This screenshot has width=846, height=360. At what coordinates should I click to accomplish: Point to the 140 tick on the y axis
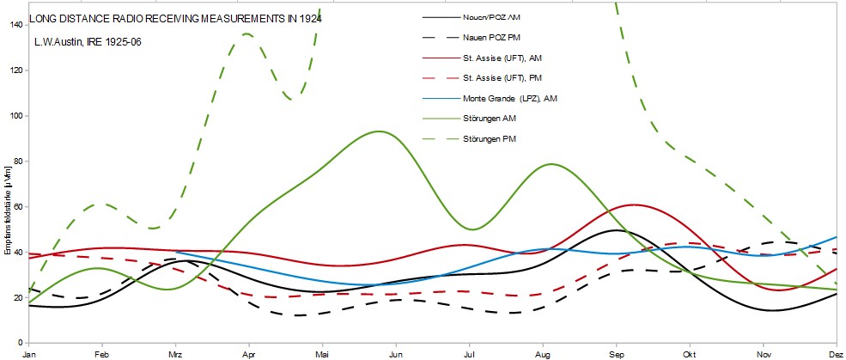point(16,24)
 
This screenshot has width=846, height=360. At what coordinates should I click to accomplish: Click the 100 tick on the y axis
point(16,115)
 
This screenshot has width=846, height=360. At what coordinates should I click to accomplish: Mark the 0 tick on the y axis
point(21,343)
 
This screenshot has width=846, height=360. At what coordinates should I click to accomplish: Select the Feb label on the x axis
point(101,353)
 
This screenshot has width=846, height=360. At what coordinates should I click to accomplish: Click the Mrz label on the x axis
point(175,353)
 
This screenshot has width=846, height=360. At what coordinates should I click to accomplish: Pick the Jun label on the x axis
point(396,353)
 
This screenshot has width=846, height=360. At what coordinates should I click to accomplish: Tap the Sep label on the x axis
point(617,353)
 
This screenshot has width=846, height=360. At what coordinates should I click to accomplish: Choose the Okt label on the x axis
point(690,353)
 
